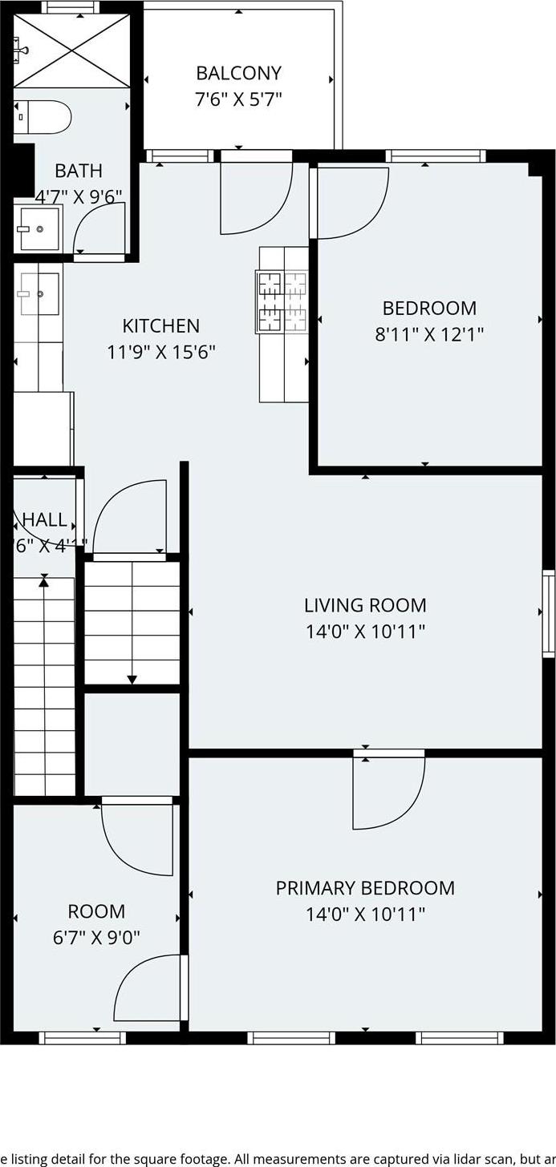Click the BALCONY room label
pos(238,73)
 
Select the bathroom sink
pos(38,228)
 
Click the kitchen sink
pos(39,293)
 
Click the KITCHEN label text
pos(160,326)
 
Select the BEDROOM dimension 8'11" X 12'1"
pos(429,333)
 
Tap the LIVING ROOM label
pos(365,605)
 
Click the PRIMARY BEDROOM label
pos(365,888)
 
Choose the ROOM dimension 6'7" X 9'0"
pos(96,937)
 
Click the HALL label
pos(44,519)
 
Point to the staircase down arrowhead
pos(132,680)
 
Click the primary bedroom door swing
pos(389,793)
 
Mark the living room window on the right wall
pos(549,613)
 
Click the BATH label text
pos(79,171)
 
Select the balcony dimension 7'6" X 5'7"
pos(238,99)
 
